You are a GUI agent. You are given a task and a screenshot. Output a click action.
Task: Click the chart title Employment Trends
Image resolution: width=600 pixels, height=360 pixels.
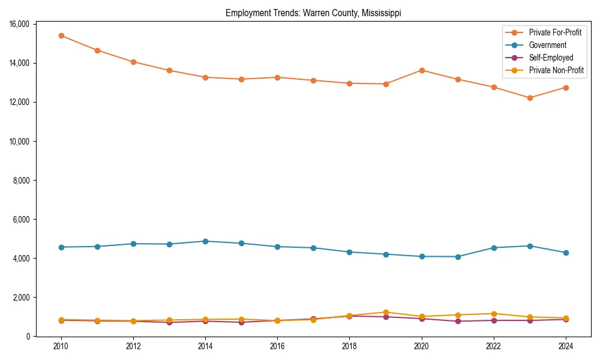313,13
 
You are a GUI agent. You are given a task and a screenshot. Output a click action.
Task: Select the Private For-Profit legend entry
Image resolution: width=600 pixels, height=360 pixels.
555,32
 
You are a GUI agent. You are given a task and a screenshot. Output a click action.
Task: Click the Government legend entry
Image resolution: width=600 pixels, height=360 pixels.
547,45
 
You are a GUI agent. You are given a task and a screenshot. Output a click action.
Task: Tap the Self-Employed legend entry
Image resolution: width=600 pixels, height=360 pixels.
551,58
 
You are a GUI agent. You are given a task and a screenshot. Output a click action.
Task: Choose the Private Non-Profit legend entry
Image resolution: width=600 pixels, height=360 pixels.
556,70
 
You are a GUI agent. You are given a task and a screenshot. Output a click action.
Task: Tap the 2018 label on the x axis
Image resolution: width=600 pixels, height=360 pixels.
350,346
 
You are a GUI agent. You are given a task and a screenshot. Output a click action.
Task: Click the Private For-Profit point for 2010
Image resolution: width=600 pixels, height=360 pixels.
61,35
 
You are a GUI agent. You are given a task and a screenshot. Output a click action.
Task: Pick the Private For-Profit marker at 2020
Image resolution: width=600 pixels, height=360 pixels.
422,70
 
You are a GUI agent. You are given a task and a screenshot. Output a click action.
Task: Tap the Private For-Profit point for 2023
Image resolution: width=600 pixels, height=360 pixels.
530,98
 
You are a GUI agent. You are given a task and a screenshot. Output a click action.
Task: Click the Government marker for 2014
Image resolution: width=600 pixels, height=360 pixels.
205,241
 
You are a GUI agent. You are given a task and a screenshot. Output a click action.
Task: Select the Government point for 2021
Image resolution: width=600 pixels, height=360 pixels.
458,257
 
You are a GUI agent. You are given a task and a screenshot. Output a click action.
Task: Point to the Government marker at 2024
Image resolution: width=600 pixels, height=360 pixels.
566,253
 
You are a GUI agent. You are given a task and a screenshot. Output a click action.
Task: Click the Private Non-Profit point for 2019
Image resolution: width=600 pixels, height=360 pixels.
386,312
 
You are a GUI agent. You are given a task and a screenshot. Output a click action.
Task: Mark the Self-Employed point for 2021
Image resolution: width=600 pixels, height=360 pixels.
458,321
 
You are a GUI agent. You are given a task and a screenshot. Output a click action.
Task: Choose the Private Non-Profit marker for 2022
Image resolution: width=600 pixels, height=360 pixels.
494,314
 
